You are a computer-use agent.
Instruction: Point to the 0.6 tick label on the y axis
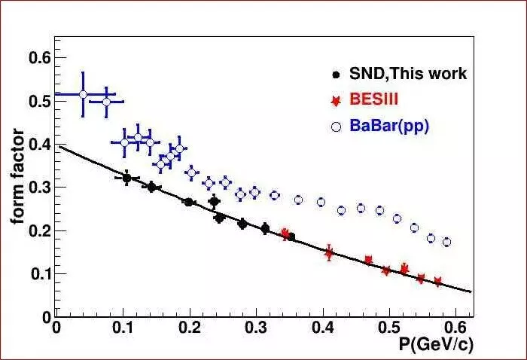click(x=39, y=57)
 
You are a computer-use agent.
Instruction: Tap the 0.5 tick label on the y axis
click(x=39, y=100)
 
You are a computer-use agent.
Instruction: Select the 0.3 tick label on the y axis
click(x=39, y=187)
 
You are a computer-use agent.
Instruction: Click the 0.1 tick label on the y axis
click(x=39, y=273)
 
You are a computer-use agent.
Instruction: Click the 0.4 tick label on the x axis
click(x=323, y=328)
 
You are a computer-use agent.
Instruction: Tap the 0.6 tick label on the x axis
click(x=456, y=328)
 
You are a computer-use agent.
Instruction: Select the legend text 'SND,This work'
click(x=408, y=74)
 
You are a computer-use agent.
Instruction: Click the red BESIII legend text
click(x=374, y=100)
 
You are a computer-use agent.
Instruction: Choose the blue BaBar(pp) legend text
click(x=389, y=127)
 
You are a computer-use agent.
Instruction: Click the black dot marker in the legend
click(x=337, y=75)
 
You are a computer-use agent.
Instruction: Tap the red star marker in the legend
click(x=337, y=100)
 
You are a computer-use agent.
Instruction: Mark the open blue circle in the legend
click(x=337, y=127)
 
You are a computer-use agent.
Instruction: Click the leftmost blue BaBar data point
click(x=83, y=94)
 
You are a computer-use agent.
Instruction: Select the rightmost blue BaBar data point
click(x=446, y=242)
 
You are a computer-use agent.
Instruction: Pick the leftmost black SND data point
click(x=126, y=178)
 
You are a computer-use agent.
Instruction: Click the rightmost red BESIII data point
click(x=437, y=282)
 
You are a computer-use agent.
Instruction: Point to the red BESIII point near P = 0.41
click(x=329, y=253)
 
